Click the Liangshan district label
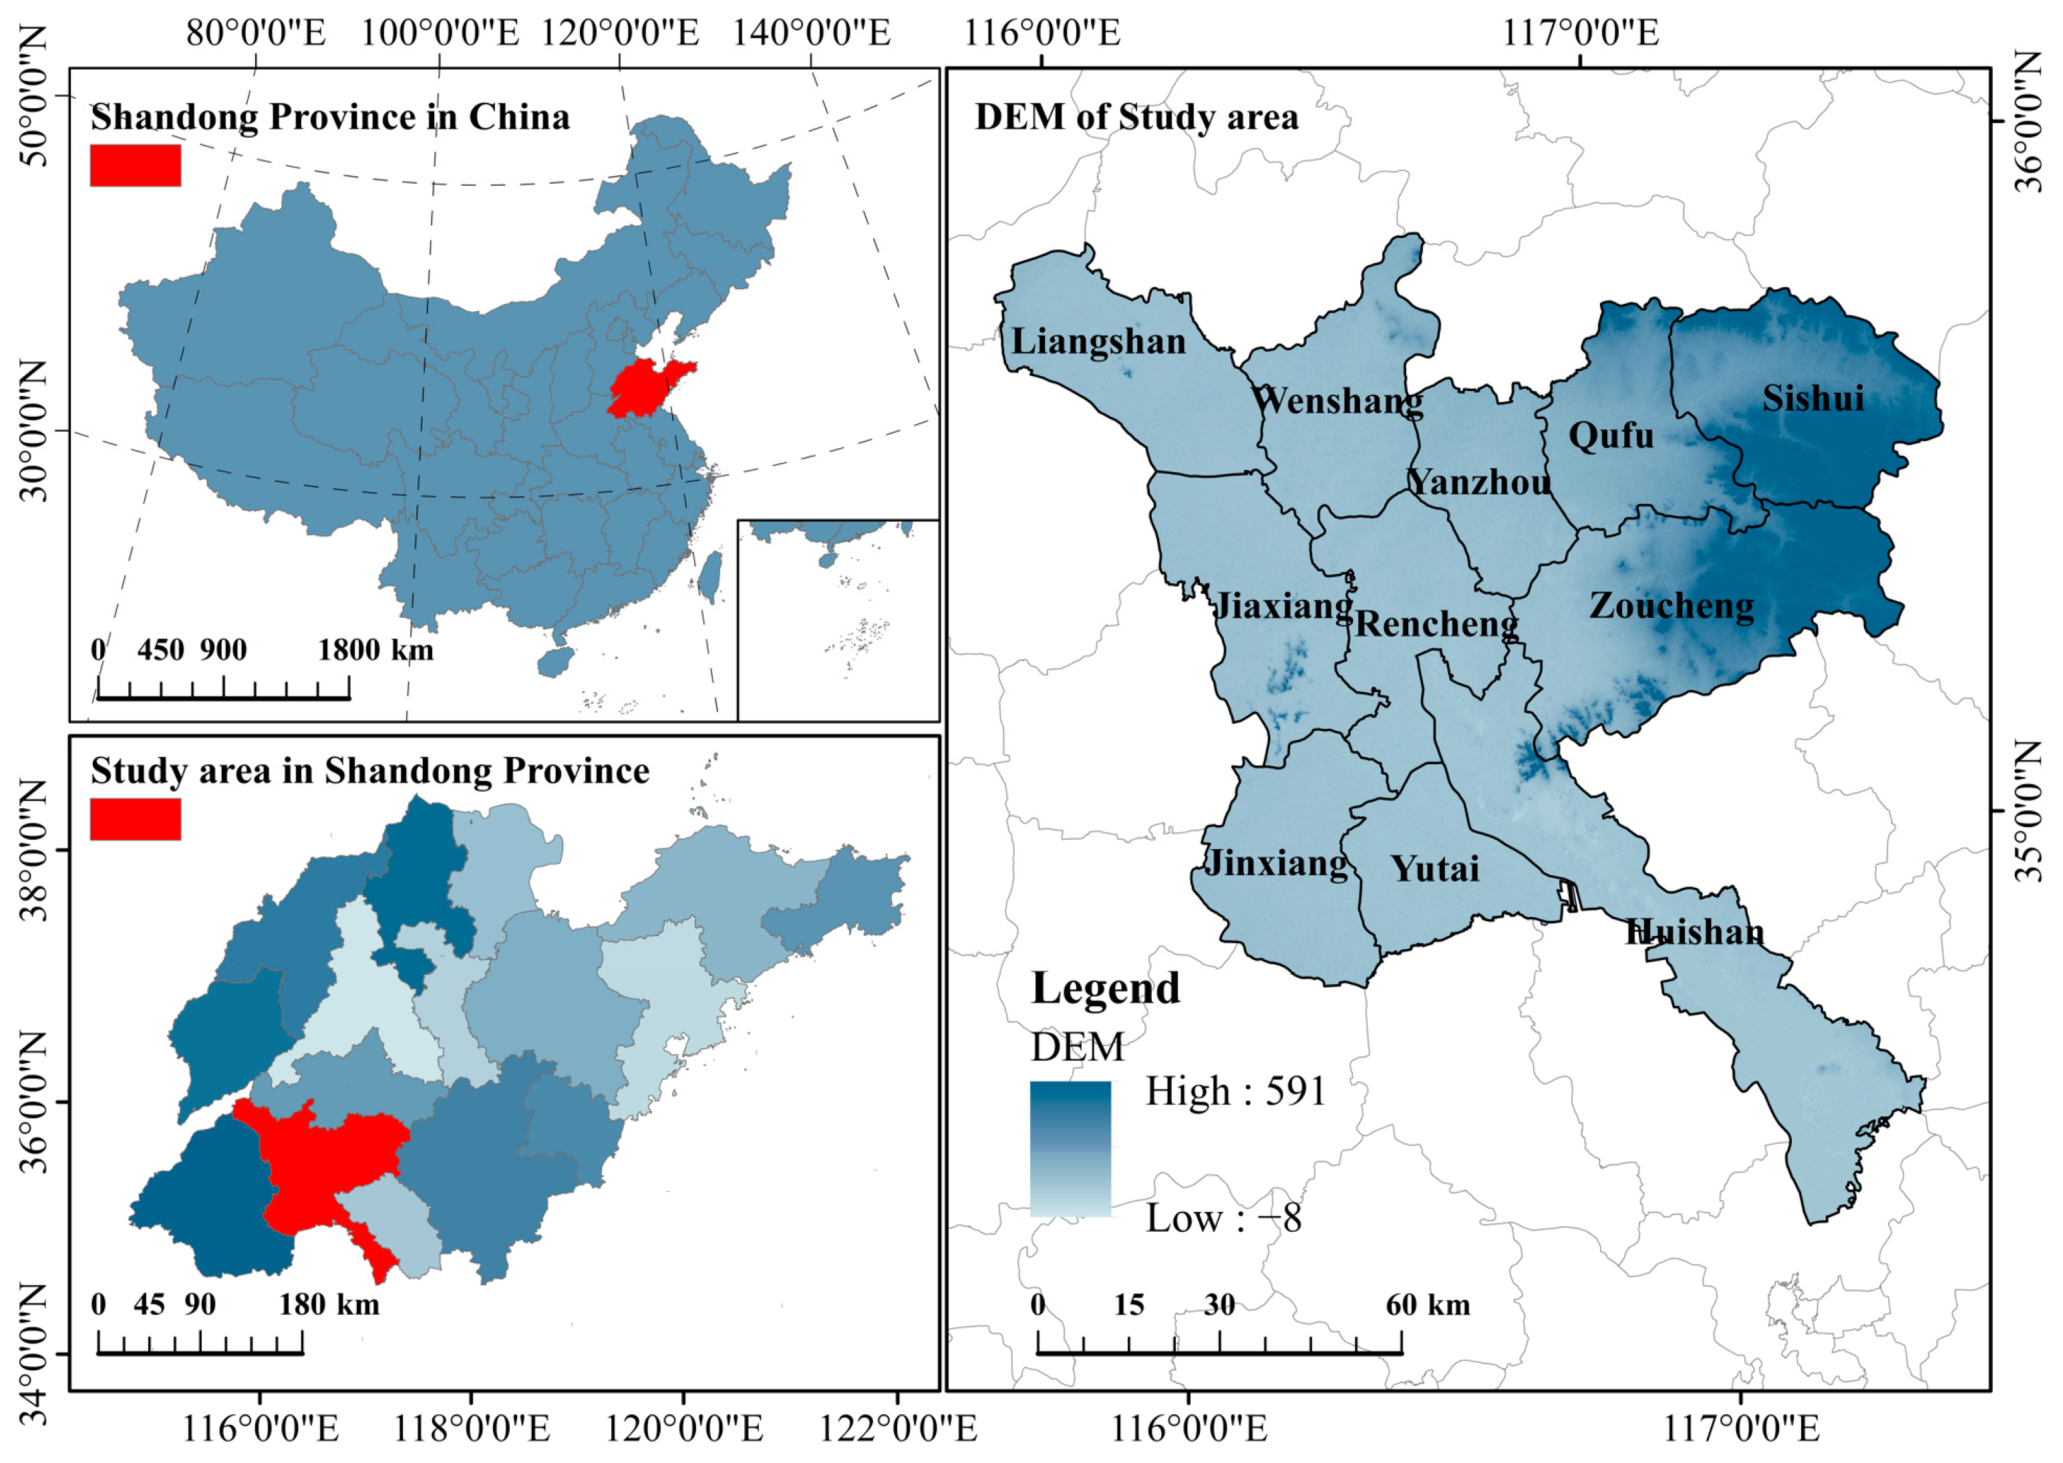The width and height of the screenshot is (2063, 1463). click(x=1098, y=342)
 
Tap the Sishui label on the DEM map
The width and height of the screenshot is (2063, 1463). click(x=1812, y=398)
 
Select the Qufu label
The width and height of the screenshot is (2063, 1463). click(x=1611, y=436)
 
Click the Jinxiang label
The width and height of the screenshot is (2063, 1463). click(x=1277, y=863)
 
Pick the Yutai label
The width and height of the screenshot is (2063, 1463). click(x=1435, y=869)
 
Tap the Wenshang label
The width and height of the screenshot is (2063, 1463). click(x=1337, y=400)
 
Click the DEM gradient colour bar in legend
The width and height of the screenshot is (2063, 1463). click(x=1070, y=1148)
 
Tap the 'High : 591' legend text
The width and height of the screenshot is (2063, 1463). click(x=1235, y=1092)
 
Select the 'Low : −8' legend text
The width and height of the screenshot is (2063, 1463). click(x=1223, y=1219)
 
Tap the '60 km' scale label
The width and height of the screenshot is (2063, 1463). click(x=1427, y=1305)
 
